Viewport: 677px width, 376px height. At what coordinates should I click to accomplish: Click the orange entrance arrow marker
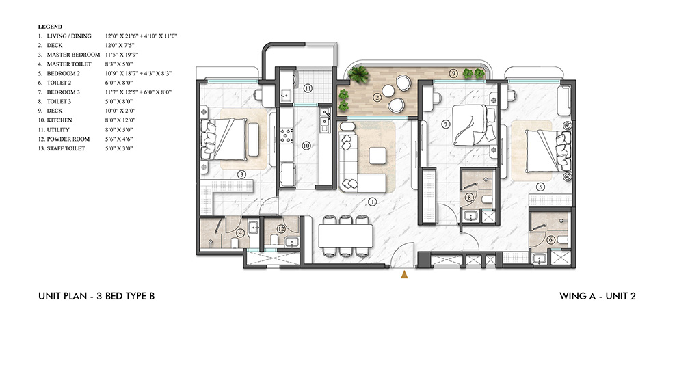(x=404, y=274)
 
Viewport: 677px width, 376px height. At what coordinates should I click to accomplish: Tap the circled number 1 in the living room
(x=372, y=202)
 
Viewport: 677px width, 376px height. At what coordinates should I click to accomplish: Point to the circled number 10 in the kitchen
(x=307, y=146)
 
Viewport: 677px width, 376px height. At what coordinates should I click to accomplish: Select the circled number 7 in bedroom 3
(x=445, y=124)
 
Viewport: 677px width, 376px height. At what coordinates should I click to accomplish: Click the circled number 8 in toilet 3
(x=469, y=198)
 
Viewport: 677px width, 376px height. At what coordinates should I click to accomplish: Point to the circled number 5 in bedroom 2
(x=540, y=186)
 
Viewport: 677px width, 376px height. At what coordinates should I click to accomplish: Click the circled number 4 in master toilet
(x=240, y=233)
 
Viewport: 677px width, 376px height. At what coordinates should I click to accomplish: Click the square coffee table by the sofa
(x=378, y=155)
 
